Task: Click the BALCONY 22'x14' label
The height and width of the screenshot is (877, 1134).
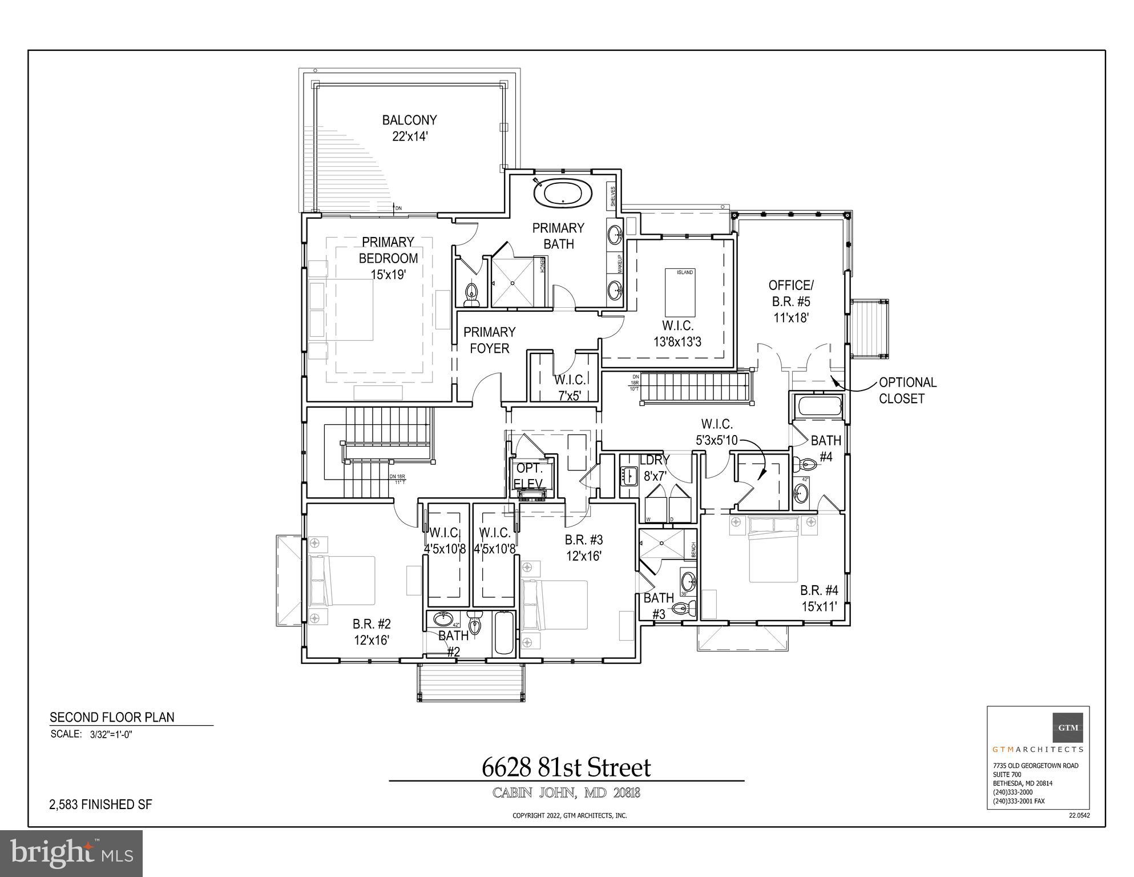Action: [409, 128]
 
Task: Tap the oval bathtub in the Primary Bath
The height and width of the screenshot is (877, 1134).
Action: [562, 193]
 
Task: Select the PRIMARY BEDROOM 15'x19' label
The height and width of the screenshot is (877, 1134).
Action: [388, 258]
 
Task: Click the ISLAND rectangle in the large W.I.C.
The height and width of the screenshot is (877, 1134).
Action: [680, 292]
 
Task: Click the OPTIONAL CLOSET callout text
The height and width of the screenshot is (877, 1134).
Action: [907, 391]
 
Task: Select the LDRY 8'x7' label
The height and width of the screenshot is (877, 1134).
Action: [655, 467]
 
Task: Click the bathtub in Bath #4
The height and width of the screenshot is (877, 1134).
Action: [820, 407]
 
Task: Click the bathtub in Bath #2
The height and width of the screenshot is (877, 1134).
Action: [503, 633]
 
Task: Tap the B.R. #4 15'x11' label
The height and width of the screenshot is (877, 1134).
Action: [818, 598]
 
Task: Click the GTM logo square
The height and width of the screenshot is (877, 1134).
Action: [1067, 727]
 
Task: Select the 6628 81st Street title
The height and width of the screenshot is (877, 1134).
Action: [566, 767]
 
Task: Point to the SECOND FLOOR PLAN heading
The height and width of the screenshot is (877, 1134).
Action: [112, 717]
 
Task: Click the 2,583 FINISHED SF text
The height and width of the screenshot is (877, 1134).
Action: [101, 804]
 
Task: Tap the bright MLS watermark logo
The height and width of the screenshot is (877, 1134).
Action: [71, 853]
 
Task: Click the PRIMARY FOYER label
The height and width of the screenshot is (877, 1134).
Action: [489, 340]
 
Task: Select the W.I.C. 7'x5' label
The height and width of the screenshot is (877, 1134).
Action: [569, 387]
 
